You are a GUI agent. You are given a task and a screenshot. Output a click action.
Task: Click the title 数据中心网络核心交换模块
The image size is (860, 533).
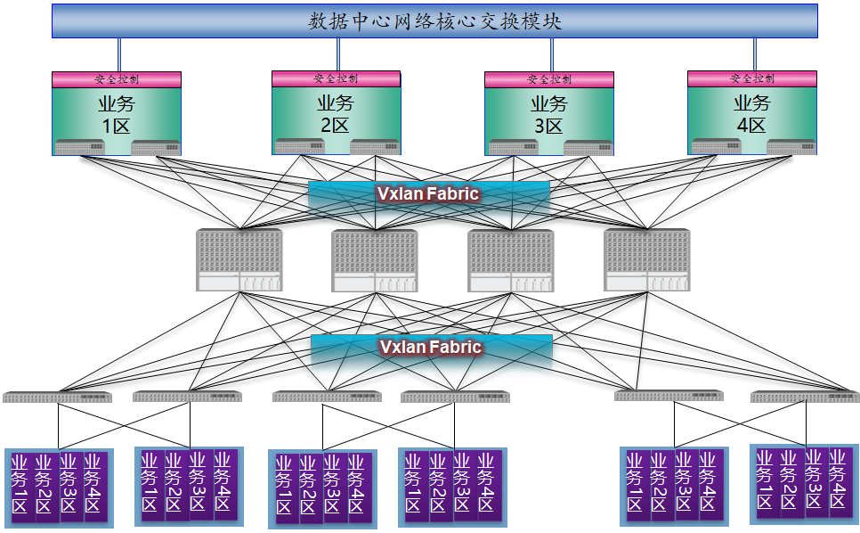(x=434, y=20)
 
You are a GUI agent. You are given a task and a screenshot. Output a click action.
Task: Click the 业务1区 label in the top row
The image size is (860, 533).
(x=117, y=114)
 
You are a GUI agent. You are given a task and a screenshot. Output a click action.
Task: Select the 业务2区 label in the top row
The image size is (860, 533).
(x=336, y=114)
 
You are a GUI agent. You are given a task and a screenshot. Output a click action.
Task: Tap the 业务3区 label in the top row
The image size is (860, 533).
(x=549, y=114)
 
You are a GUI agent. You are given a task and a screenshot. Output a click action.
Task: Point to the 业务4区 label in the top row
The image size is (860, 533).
(x=752, y=114)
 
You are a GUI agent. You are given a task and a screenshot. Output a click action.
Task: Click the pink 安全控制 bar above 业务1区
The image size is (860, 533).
(x=117, y=79)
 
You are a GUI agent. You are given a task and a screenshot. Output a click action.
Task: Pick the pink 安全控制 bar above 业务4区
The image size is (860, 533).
(x=752, y=78)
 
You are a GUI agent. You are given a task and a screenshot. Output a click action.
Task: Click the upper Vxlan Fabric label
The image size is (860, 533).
(x=428, y=193)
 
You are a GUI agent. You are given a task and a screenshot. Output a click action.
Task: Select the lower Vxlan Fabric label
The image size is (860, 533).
(x=431, y=347)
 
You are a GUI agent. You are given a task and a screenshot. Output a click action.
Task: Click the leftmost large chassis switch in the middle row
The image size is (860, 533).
(x=239, y=259)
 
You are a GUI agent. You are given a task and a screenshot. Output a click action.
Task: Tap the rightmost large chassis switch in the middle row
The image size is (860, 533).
(x=646, y=259)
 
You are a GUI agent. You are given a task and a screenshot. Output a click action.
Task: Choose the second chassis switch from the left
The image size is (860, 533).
(x=375, y=259)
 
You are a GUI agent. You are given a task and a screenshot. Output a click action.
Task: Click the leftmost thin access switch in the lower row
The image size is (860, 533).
(x=57, y=397)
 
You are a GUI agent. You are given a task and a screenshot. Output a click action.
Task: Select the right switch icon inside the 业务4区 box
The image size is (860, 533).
(x=791, y=146)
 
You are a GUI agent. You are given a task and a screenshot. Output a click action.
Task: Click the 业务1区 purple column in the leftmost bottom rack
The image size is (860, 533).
(x=20, y=487)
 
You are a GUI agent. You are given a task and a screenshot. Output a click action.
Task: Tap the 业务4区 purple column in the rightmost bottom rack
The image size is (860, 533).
(x=838, y=480)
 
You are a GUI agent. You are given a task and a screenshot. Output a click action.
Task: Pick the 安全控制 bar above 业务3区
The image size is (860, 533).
(x=549, y=79)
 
